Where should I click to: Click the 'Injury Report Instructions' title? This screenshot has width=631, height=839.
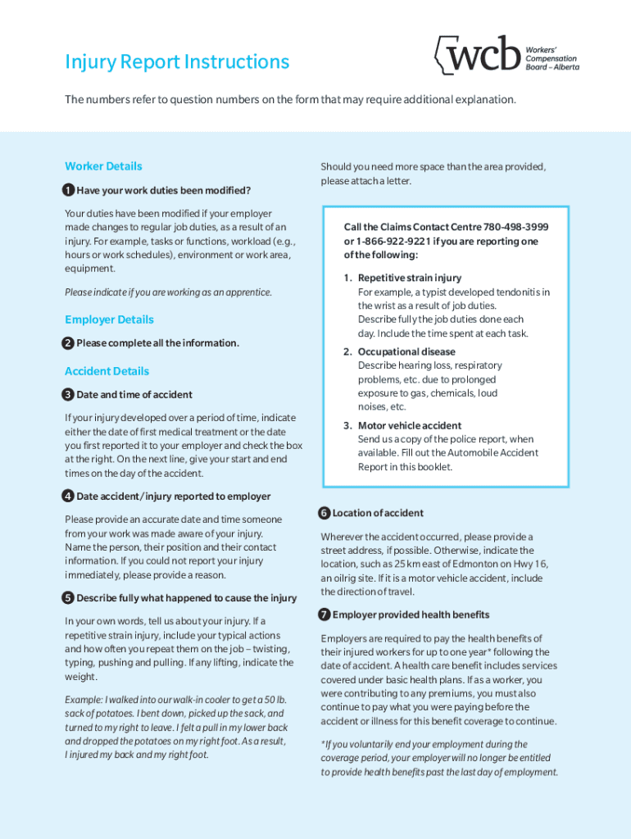177,62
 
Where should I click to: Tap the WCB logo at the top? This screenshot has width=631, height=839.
478,55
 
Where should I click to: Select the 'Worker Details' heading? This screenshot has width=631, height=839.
103,166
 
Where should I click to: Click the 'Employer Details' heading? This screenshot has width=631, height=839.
109,320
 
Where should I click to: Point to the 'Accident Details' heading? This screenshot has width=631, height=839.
107,371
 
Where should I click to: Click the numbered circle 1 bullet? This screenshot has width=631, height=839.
69,191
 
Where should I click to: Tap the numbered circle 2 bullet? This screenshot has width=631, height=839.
69,342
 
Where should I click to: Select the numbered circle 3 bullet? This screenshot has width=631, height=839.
69,395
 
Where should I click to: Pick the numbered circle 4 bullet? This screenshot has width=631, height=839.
69,497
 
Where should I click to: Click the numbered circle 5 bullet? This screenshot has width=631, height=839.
69,598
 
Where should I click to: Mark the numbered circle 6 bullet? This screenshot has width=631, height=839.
325,513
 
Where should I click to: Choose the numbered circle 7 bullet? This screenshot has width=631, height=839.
325,615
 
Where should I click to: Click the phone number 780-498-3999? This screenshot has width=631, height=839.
512,227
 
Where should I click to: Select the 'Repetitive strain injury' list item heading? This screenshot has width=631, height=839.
409,278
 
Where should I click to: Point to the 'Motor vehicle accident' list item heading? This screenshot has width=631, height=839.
409,425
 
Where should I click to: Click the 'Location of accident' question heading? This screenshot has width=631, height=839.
378,513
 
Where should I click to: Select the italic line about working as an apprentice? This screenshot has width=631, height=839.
168,293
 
